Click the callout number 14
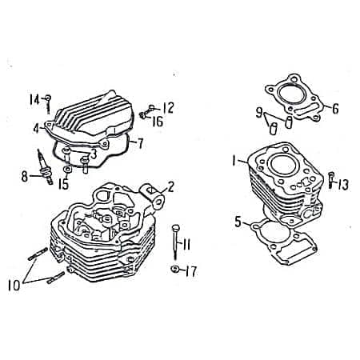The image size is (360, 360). [x=34, y=100]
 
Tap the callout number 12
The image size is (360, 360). [x=168, y=108]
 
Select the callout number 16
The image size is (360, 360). [x=158, y=122]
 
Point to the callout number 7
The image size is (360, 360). [x=140, y=143]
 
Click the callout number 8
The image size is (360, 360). [x=25, y=176]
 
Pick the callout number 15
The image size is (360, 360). [x=63, y=184]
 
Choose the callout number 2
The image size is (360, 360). [x=170, y=187]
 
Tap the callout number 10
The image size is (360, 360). [x=14, y=286]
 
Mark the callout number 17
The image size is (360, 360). [x=191, y=271]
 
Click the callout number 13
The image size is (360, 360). [x=343, y=185]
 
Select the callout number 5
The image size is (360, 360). [x=238, y=222]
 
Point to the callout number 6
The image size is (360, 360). [x=335, y=109]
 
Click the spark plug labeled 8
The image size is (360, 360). [x=45, y=167]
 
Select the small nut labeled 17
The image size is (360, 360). [x=174, y=269]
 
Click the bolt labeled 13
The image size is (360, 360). [x=331, y=180]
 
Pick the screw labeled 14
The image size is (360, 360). [x=48, y=104]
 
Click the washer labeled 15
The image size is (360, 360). [x=67, y=170]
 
